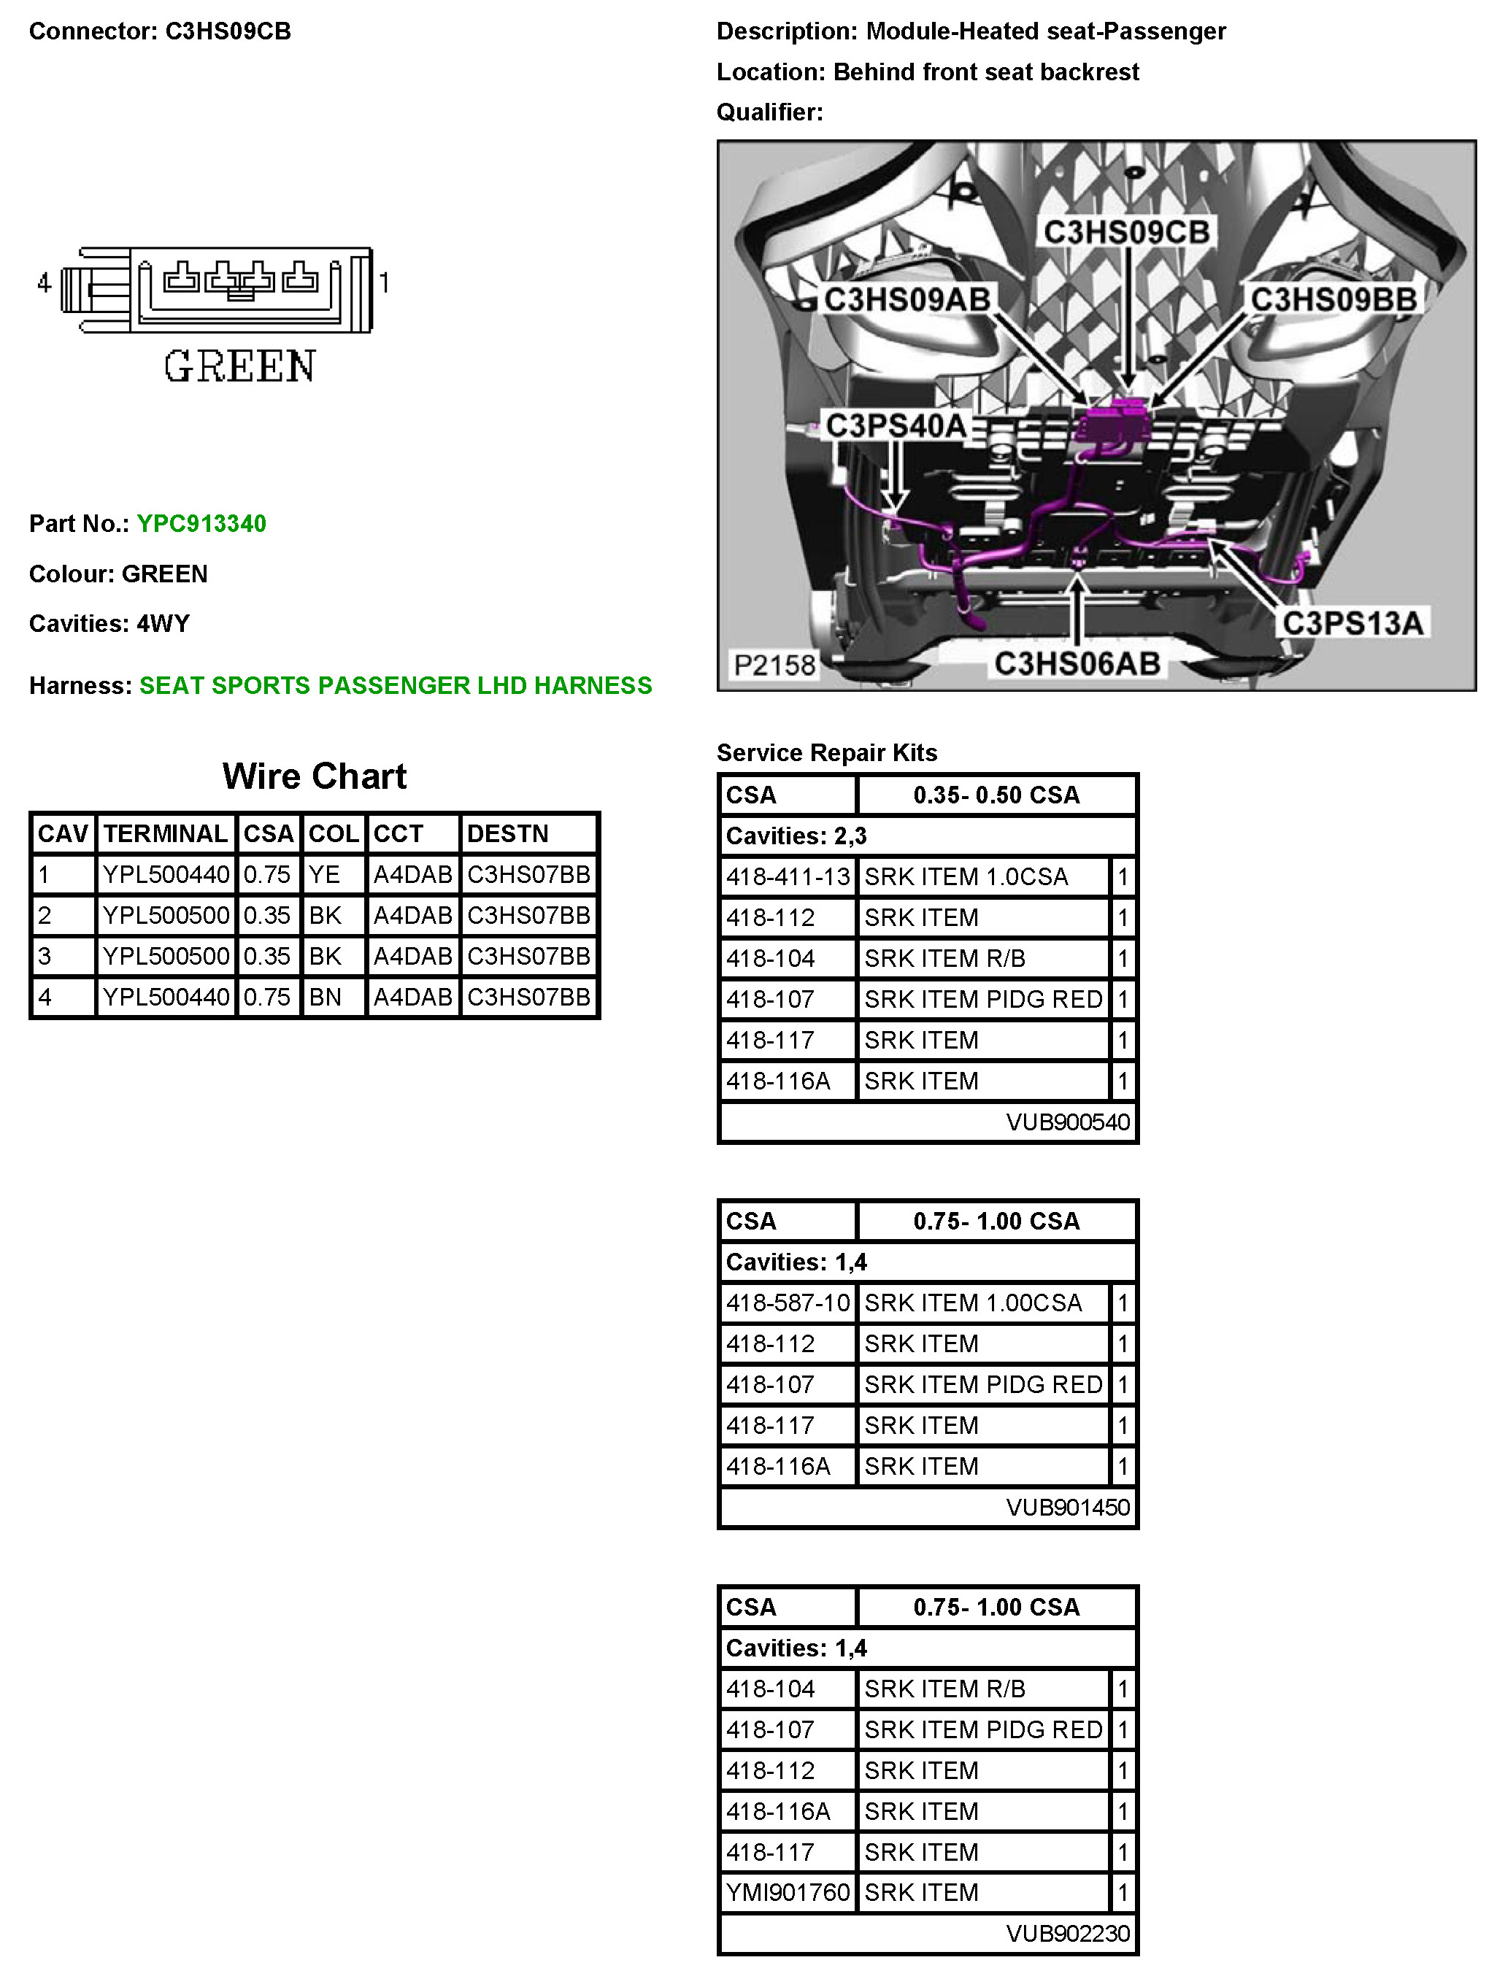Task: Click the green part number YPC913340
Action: (x=201, y=524)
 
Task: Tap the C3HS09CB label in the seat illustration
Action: (x=1125, y=232)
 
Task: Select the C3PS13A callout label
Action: (x=1352, y=622)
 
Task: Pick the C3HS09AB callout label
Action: (x=907, y=299)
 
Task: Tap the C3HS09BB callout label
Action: (x=1333, y=299)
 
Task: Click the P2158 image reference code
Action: (x=774, y=665)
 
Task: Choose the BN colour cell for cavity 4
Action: (x=326, y=996)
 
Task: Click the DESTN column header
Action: (x=508, y=833)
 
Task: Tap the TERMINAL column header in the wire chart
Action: (x=166, y=833)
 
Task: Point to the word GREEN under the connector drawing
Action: (x=239, y=366)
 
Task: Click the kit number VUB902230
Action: (x=1067, y=1933)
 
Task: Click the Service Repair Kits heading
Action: (x=827, y=753)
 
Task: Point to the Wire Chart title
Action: (x=315, y=776)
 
